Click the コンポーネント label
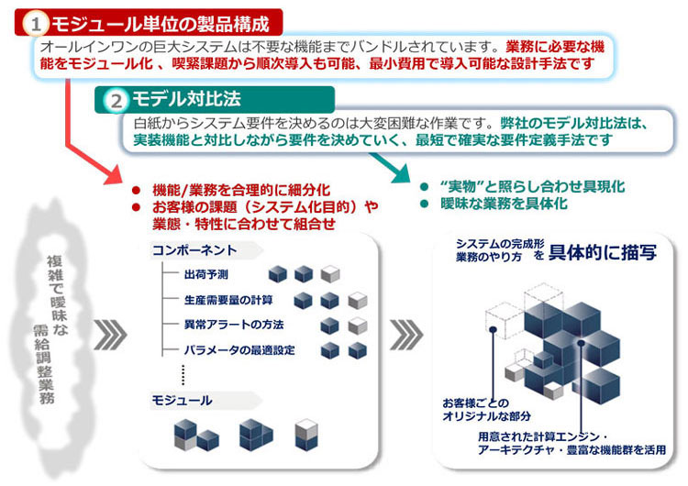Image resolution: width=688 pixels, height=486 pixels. click(x=194, y=249)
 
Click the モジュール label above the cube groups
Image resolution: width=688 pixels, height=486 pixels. click(x=181, y=400)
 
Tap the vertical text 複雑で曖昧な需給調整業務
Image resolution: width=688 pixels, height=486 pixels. click(x=55, y=330)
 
